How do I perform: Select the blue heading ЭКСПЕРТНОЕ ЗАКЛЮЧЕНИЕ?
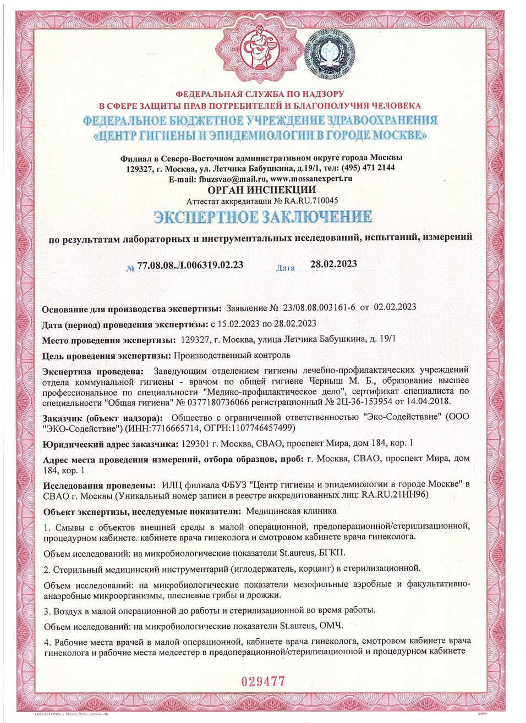(x=262, y=217)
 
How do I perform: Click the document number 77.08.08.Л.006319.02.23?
(x=190, y=265)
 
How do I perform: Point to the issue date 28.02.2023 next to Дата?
(x=333, y=264)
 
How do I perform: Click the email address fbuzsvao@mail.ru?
(x=233, y=179)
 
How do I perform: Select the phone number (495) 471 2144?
(x=368, y=168)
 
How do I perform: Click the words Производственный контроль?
(x=232, y=355)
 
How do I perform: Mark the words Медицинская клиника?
(x=291, y=511)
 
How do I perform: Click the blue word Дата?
(x=286, y=268)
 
